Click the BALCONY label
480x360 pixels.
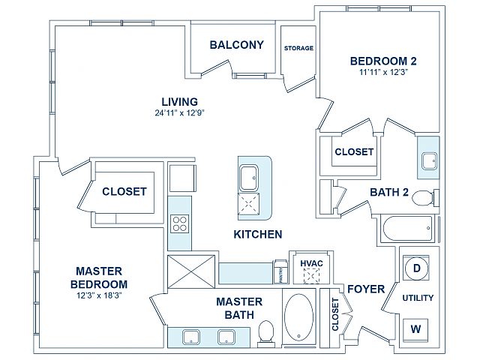click(236, 45)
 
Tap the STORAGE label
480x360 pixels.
click(298, 49)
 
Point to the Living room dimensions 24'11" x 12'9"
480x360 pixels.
click(180, 113)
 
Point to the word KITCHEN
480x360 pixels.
click(258, 235)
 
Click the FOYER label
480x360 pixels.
click(366, 289)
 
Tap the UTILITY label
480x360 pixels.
click(418, 298)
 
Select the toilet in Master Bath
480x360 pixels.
click(265, 331)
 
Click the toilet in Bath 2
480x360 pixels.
click(424, 198)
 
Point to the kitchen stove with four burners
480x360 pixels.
click(180, 223)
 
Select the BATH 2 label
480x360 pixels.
click(389, 193)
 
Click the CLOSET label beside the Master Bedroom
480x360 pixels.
click(124, 191)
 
